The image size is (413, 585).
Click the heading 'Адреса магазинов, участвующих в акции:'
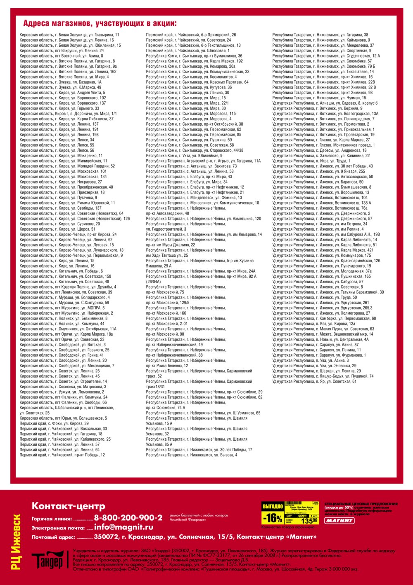point(100,23)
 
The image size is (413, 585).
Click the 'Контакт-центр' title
point(68,506)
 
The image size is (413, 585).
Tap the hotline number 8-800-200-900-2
point(128,518)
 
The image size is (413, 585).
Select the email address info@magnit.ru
point(123,527)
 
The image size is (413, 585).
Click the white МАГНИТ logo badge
point(339,521)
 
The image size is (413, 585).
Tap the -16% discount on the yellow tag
point(273,518)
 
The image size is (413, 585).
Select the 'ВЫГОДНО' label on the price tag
point(273,506)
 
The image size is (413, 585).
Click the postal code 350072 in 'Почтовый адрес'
point(106,537)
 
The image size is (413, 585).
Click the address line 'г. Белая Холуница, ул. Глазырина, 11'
point(69,35)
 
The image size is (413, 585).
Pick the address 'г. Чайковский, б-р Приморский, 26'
point(191,35)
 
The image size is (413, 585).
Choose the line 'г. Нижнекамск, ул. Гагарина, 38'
point(320,35)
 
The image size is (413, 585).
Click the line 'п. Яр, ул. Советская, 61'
point(314,382)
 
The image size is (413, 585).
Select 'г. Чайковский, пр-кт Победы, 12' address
point(62,455)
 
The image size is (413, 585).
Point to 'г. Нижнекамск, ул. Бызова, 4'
point(192,455)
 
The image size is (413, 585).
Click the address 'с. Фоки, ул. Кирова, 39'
point(54,423)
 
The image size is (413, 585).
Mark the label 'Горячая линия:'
point(52,519)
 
